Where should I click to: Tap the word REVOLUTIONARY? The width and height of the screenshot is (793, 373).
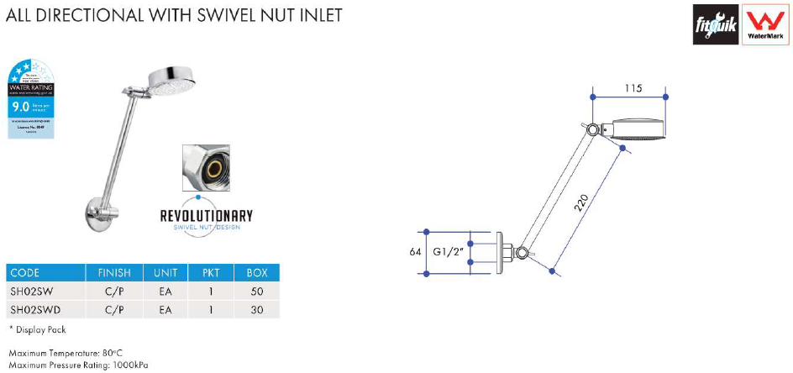[206, 215]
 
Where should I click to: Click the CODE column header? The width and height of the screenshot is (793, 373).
[25, 273]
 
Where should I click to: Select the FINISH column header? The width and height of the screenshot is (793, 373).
[114, 273]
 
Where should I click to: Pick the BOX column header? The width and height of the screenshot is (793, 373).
[256, 273]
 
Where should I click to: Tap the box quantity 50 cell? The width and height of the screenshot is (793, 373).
[256, 292]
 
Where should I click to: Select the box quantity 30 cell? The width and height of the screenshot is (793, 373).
[256, 310]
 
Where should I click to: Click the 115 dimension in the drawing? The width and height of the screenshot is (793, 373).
[634, 88]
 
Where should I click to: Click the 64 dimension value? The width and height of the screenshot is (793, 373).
[414, 250]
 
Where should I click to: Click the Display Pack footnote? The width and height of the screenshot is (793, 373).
[38, 329]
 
